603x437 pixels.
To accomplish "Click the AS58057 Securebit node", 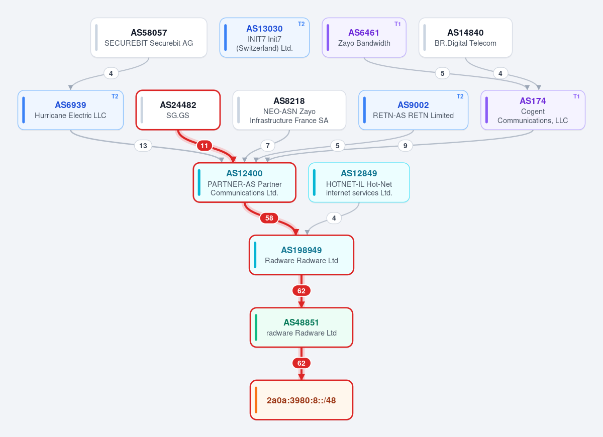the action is (x=149, y=37).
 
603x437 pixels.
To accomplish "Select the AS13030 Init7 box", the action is (x=264, y=37).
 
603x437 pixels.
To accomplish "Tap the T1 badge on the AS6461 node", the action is (x=397, y=24).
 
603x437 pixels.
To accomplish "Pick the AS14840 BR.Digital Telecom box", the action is (x=465, y=37).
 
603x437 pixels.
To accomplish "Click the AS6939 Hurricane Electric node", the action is (x=70, y=110).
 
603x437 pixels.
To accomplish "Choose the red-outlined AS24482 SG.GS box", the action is (x=178, y=110).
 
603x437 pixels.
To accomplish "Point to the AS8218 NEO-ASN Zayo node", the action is (x=289, y=110).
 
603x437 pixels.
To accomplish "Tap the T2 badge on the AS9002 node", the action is (x=460, y=96).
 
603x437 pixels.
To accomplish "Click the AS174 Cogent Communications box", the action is (x=533, y=110).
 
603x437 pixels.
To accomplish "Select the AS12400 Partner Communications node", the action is (x=244, y=182).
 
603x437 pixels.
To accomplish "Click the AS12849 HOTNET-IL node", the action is (x=359, y=182).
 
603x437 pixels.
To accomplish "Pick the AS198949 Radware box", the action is (x=301, y=255).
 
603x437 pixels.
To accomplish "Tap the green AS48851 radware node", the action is (x=301, y=327).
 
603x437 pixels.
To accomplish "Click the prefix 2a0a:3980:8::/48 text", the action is (x=301, y=400).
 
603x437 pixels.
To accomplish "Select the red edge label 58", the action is (x=269, y=218).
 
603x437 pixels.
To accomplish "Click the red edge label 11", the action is (x=205, y=146).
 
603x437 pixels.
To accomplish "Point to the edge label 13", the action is (x=143, y=146).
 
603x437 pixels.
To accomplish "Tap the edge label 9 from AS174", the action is (x=405, y=146).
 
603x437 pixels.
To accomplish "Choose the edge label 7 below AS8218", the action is (x=267, y=146).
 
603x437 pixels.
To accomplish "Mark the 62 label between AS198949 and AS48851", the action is (x=301, y=291).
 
